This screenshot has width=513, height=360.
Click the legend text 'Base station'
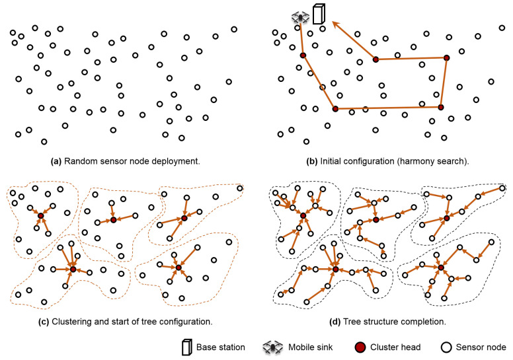pos(222,347)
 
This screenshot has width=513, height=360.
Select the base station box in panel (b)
pos(319,15)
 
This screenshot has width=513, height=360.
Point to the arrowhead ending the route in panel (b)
pos(335,24)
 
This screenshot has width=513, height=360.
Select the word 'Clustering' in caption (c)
pos(69,322)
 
